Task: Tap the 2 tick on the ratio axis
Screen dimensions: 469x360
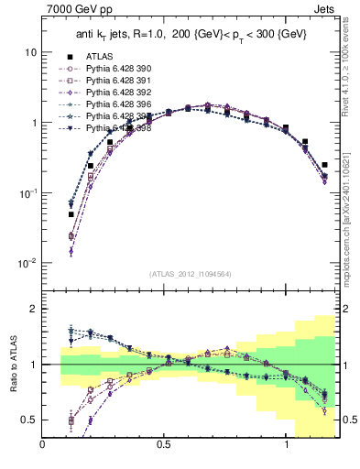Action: pyautogui.click(x=33, y=309)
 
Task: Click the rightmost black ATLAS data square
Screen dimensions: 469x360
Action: pyautogui.click(x=324, y=165)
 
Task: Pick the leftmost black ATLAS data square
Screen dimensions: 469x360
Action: pyautogui.click(x=71, y=214)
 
